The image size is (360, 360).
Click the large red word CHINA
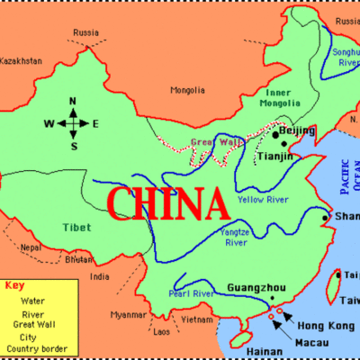click(167, 203)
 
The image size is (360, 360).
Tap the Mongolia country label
click(189, 89)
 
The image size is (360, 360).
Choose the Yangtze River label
click(236, 237)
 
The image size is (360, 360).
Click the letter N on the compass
click(75, 101)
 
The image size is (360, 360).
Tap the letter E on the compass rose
click(95, 123)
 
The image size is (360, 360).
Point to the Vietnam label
click(195, 319)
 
